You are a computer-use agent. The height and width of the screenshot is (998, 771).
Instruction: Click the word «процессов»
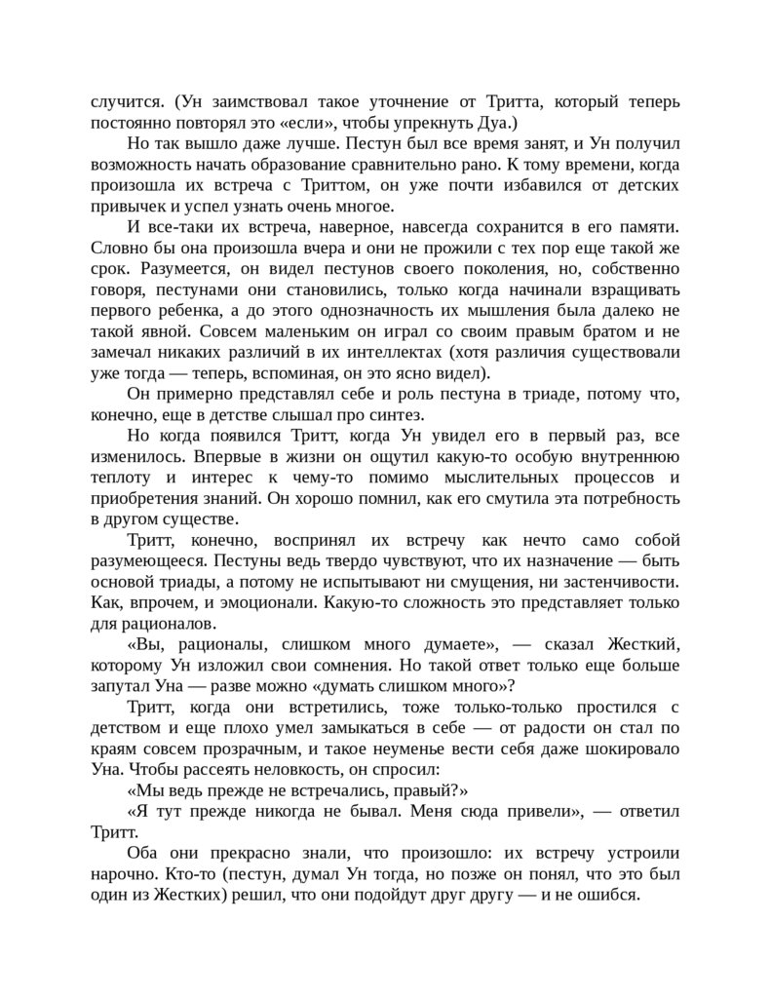click(584, 477)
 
